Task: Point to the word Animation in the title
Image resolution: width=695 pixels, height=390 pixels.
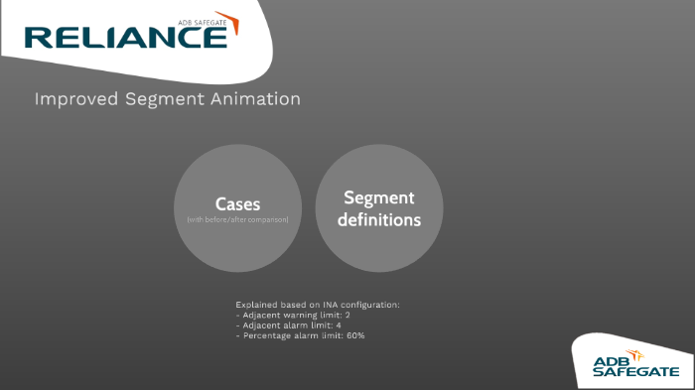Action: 253,99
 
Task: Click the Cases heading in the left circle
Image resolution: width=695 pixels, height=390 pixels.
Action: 237,204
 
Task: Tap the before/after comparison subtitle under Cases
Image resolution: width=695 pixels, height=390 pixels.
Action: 237,219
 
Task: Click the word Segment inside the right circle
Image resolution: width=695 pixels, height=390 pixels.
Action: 378,197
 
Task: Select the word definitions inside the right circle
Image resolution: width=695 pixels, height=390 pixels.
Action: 378,219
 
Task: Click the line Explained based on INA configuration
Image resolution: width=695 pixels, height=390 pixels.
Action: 317,304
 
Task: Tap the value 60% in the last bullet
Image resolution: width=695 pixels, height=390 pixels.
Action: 354,336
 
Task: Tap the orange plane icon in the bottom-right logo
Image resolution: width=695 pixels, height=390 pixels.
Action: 636,354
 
